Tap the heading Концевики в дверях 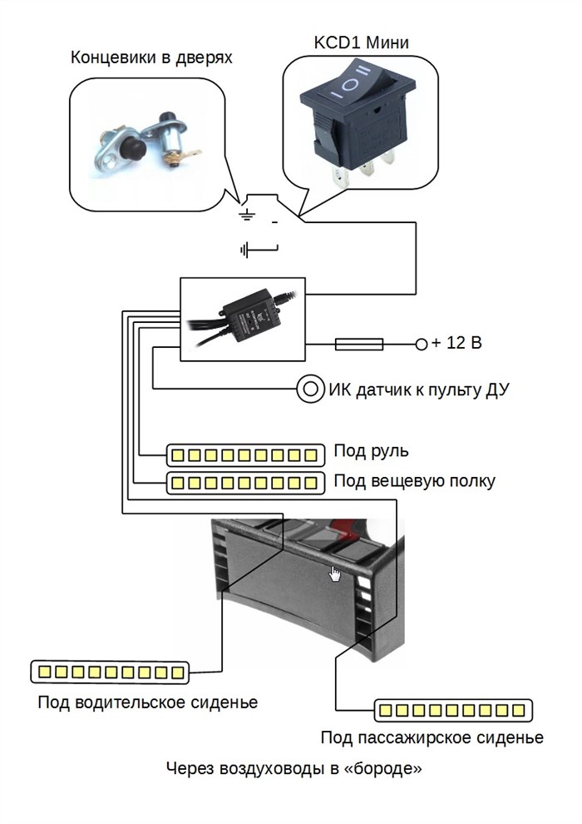coord(151,58)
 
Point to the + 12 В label coord(457,343)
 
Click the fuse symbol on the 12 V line coord(358,343)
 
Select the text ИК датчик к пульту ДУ coord(419,388)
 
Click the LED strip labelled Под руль coord(245,454)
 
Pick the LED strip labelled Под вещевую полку coord(245,482)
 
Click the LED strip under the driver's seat coord(110,671)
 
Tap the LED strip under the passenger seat coord(452,710)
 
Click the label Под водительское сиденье coord(147,702)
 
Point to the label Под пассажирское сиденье coord(432,738)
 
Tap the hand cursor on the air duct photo coord(335,573)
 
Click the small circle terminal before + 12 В coord(421,343)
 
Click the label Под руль coord(371,451)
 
